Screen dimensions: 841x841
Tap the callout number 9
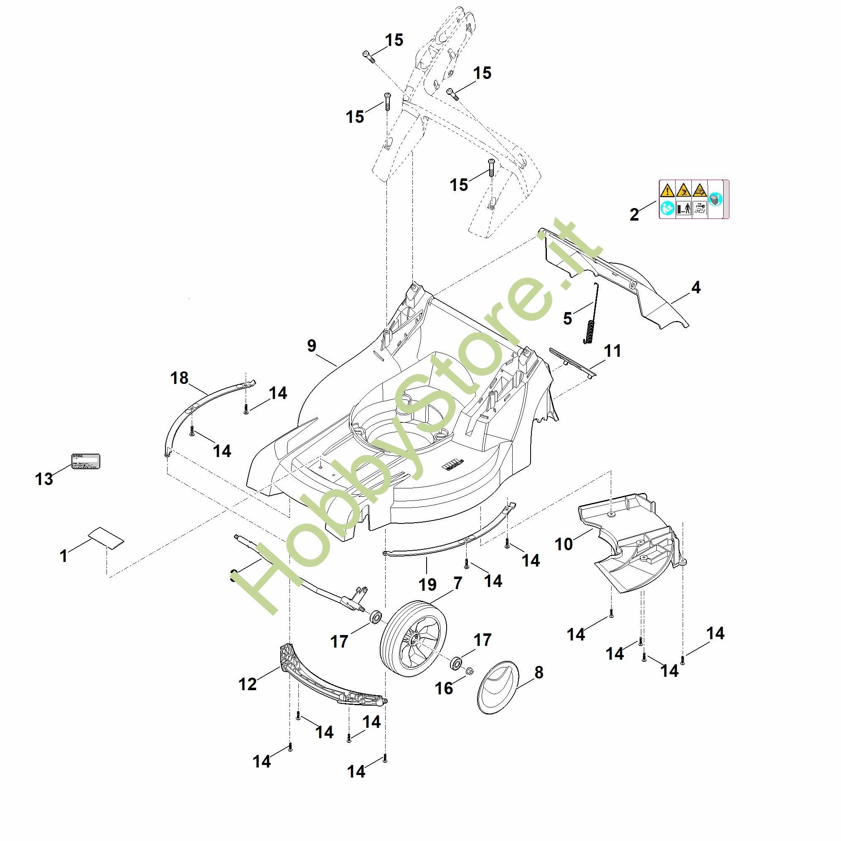pyautogui.click(x=312, y=346)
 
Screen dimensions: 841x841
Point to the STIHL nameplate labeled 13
pyautogui.click(x=86, y=461)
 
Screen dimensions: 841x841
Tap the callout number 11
pyautogui.click(x=613, y=351)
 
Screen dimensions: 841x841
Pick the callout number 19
pyautogui.click(x=427, y=584)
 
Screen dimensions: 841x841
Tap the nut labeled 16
pyautogui.click(x=470, y=671)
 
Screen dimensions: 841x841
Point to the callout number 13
pyautogui.click(x=44, y=479)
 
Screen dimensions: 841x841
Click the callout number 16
pyautogui.click(x=444, y=688)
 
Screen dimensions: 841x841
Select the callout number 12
pyautogui.click(x=248, y=684)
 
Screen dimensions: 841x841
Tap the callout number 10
pyautogui.click(x=564, y=544)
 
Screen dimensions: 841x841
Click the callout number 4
pyautogui.click(x=696, y=287)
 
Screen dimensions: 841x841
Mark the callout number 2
pyautogui.click(x=634, y=214)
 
